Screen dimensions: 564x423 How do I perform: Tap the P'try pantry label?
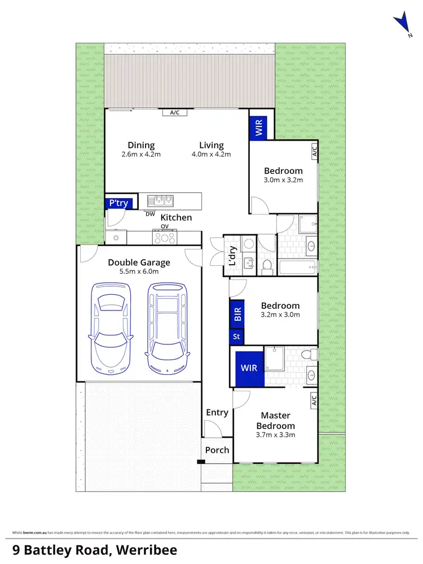pos(117,203)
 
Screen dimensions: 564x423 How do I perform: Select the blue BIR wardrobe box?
pos(237,314)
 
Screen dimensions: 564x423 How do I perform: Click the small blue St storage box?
pos(236,337)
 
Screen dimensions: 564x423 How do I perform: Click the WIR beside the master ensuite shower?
pos(249,368)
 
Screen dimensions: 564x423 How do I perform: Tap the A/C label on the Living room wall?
pos(174,112)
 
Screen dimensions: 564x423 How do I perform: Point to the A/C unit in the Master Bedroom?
pos(314,401)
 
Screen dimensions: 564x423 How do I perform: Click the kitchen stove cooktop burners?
pos(165,238)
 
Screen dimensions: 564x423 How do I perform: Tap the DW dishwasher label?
pos(150,214)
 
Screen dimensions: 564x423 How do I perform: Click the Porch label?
pos(217,450)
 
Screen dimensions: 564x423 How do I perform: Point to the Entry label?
pos(217,413)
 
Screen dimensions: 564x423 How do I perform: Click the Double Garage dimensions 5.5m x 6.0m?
pos(139,272)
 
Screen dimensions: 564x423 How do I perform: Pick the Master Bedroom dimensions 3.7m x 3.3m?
pos(275,435)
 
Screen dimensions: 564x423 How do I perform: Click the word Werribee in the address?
pos(146,549)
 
